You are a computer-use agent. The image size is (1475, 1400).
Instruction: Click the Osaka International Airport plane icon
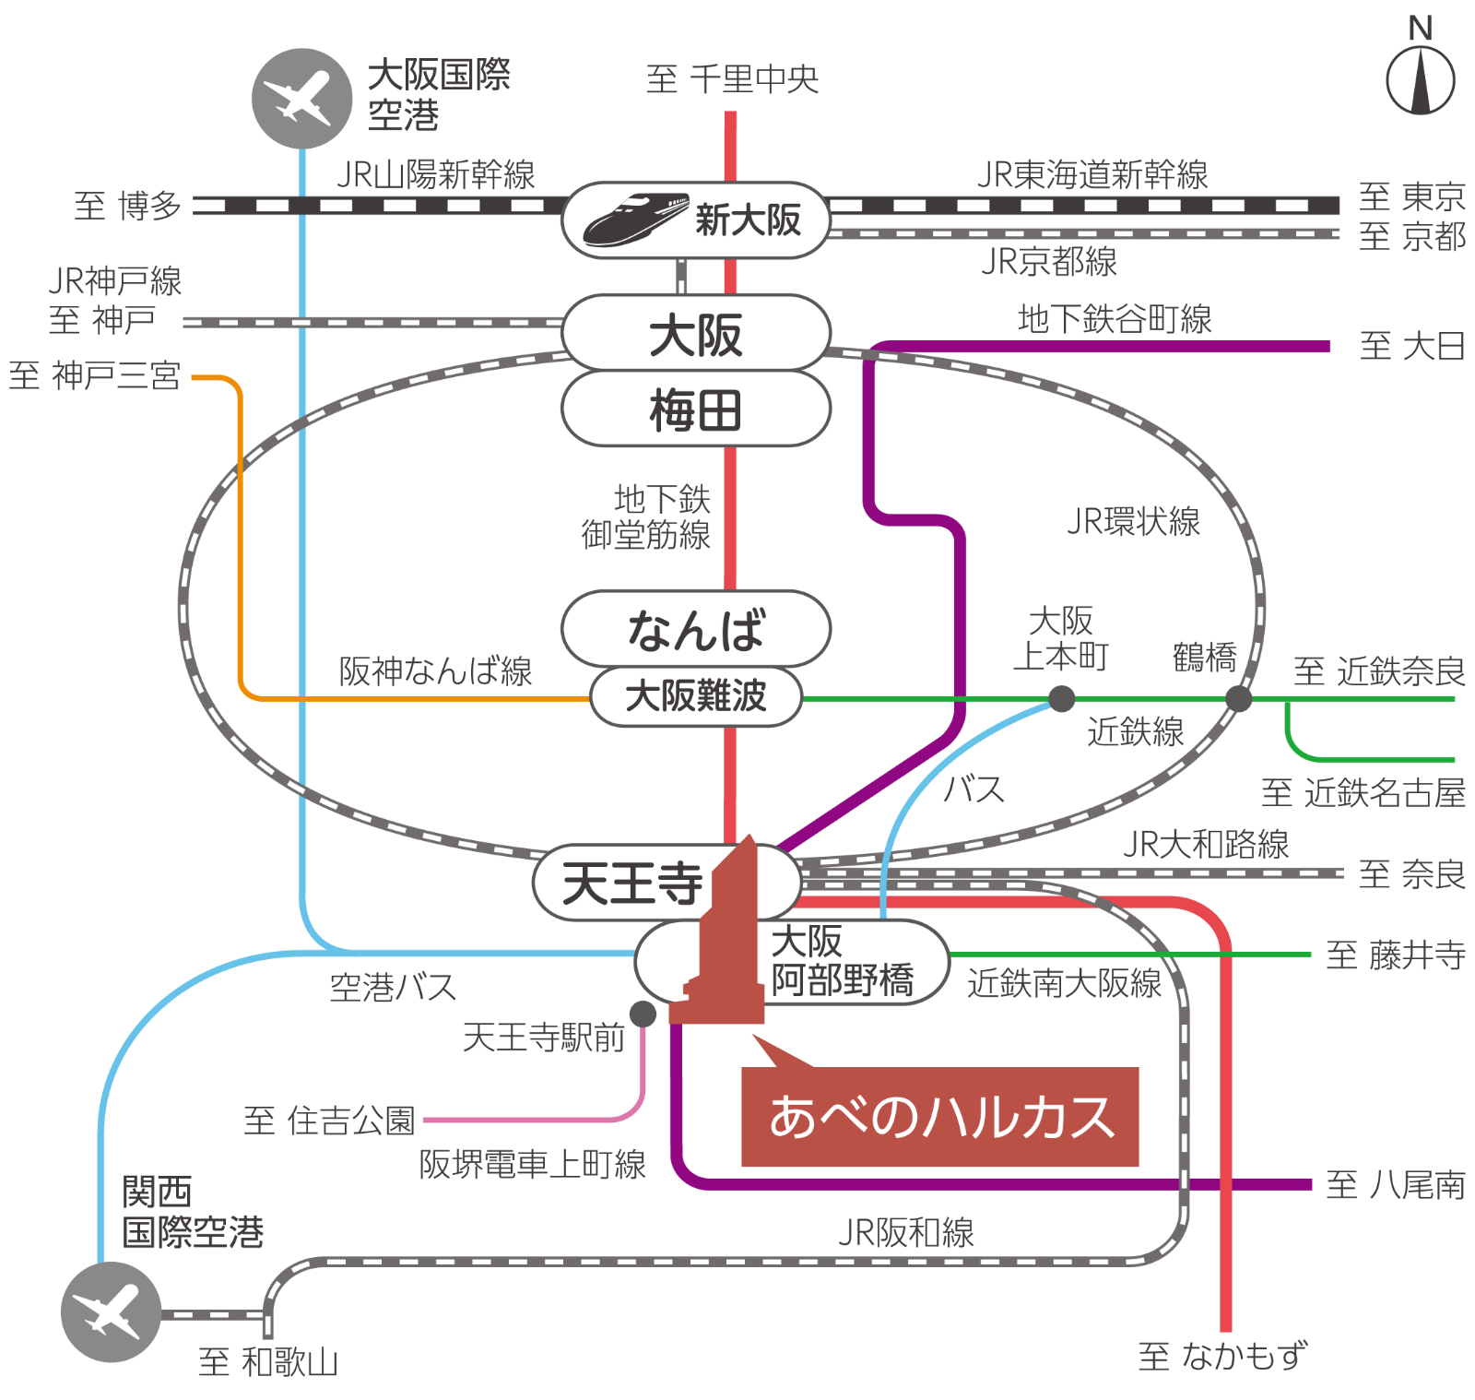coord(301,98)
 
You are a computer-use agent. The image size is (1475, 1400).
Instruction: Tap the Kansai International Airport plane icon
coord(111,1311)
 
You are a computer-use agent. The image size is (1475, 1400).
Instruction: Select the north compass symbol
coord(1421,78)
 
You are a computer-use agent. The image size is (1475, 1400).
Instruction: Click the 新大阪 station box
coord(696,219)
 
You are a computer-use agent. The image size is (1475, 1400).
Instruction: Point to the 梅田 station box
coord(696,409)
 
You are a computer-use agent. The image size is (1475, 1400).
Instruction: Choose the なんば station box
coord(696,629)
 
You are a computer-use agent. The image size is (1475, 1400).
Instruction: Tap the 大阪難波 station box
coord(696,696)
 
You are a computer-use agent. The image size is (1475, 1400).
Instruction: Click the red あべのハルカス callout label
coord(940,1117)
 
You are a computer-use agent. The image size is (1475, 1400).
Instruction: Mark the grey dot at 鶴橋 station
coord(1238,699)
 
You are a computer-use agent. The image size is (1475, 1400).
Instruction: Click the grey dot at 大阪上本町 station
coord(1062,699)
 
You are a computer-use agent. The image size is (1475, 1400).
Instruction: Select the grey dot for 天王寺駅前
coord(643,1014)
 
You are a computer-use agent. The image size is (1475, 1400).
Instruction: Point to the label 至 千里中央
coord(732,79)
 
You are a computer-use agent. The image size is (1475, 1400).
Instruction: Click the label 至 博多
coord(127,206)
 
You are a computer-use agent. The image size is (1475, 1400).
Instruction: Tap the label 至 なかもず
coord(1222,1356)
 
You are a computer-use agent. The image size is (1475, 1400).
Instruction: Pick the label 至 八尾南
coord(1395,1185)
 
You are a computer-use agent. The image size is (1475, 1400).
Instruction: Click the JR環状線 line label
coord(1133,522)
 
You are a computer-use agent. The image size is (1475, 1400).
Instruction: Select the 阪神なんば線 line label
coord(435,670)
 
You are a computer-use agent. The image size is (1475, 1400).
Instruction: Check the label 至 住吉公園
coord(329,1121)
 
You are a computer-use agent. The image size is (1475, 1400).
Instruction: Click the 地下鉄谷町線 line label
coord(1114,319)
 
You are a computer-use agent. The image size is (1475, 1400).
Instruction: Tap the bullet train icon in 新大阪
coord(635,219)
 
